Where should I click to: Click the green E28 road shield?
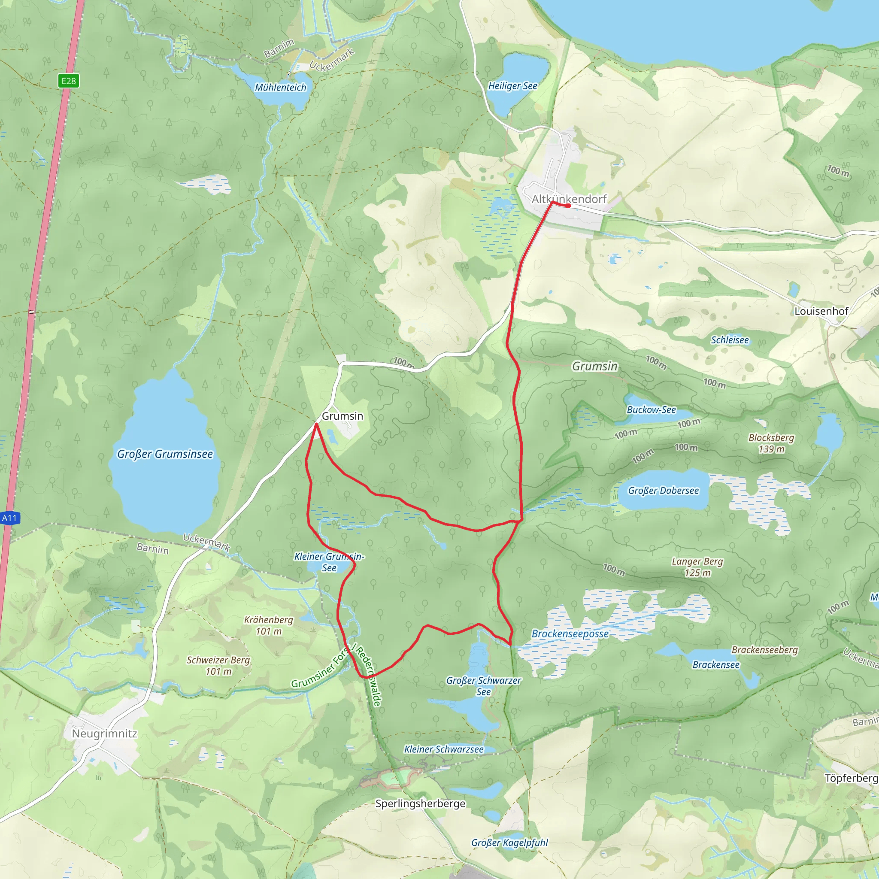click(69, 81)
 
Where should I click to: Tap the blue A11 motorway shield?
click(9, 518)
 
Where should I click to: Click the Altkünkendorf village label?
click(569, 199)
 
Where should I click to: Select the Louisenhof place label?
click(821, 311)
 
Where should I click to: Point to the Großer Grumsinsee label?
click(165, 454)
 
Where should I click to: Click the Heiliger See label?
click(512, 86)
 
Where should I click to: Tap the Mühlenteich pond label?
click(280, 88)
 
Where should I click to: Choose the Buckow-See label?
click(651, 409)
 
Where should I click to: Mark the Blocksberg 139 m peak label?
click(771, 443)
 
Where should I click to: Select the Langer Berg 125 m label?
click(697, 567)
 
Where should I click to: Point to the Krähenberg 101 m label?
click(268, 625)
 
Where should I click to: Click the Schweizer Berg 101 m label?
click(218, 666)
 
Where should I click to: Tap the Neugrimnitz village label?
click(104, 734)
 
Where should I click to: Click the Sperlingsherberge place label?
click(420, 803)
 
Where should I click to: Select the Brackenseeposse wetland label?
click(570, 634)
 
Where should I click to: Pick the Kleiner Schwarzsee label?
click(444, 749)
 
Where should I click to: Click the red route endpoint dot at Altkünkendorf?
click(568, 206)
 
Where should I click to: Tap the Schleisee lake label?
click(729, 340)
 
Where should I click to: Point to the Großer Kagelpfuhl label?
click(509, 843)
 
